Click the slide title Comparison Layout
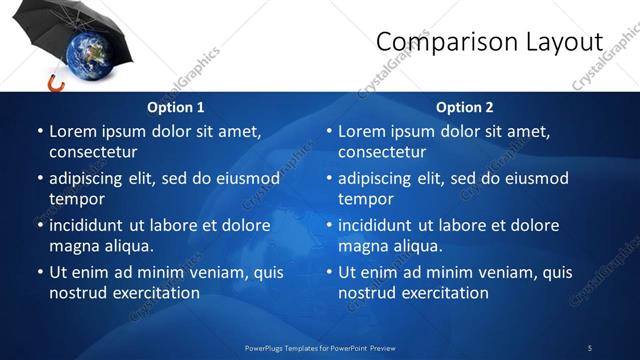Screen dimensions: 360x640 click(x=489, y=42)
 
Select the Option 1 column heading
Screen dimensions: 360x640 click(x=176, y=107)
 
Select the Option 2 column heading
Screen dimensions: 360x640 click(x=464, y=107)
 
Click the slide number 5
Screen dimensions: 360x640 click(x=589, y=348)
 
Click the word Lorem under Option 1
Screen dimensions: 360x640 click(x=73, y=131)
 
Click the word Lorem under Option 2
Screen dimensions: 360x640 click(x=362, y=131)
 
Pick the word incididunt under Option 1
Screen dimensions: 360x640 click(x=92, y=225)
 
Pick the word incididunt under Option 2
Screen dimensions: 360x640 click(x=381, y=225)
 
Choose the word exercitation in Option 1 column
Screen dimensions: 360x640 click(x=154, y=292)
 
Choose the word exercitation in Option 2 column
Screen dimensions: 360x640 click(x=443, y=292)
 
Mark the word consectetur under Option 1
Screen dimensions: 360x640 click(x=93, y=151)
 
